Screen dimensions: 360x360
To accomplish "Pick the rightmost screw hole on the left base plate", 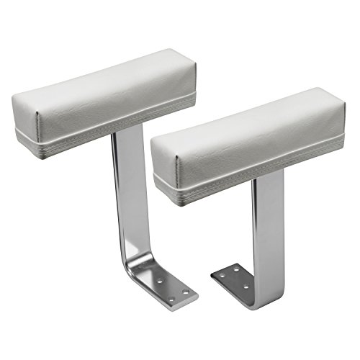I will [x=185, y=292].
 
